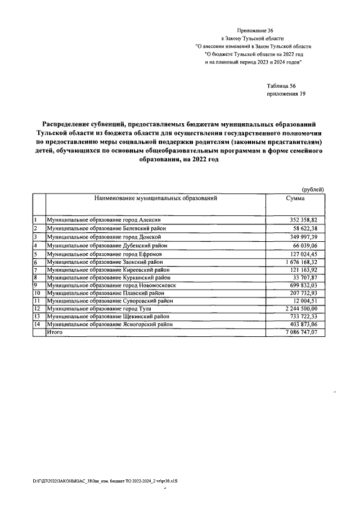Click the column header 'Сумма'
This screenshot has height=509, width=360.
(295, 199)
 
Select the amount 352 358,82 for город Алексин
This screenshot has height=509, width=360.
(301, 220)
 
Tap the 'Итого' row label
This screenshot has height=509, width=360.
(55, 333)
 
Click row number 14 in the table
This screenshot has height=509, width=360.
(37, 325)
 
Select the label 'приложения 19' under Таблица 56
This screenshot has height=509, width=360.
(286, 94)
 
